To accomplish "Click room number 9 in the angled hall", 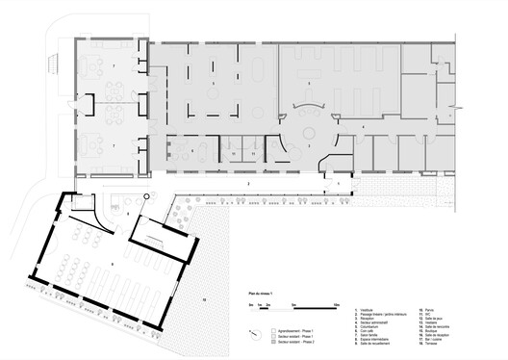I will pyautogui.click(x=114, y=259).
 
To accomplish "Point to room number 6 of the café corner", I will pyautogui.click(x=191, y=151).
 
